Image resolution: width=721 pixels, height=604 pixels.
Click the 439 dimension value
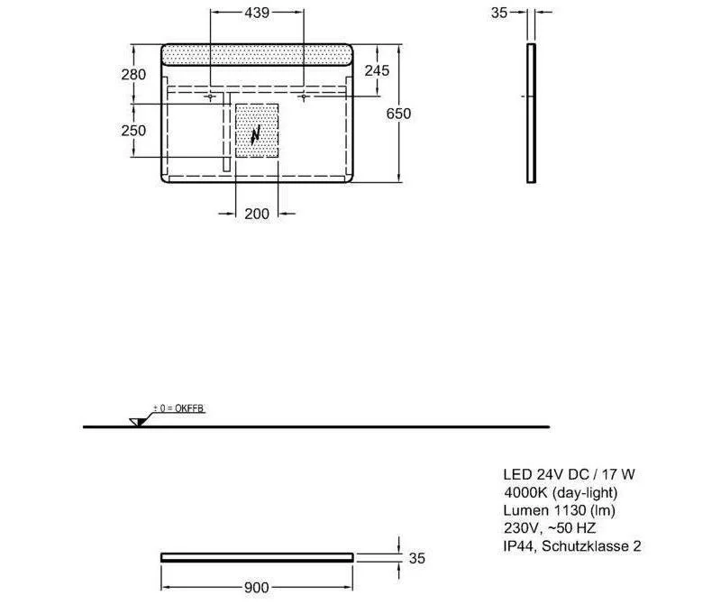(x=257, y=13)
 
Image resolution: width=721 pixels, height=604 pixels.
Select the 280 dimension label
(x=133, y=74)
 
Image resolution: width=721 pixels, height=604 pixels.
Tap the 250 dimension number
(x=133, y=130)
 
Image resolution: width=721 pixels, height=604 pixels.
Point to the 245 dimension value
(x=377, y=70)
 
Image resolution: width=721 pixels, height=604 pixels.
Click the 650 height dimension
(x=398, y=114)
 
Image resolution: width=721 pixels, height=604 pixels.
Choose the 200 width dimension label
(x=257, y=214)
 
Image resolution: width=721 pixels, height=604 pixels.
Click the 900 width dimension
(x=257, y=588)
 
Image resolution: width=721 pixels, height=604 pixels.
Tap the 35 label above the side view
(x=499, y=13)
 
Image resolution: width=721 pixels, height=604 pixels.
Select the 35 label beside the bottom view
(x=417, y=558)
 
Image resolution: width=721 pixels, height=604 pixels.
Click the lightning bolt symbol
(x=256, y=135)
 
